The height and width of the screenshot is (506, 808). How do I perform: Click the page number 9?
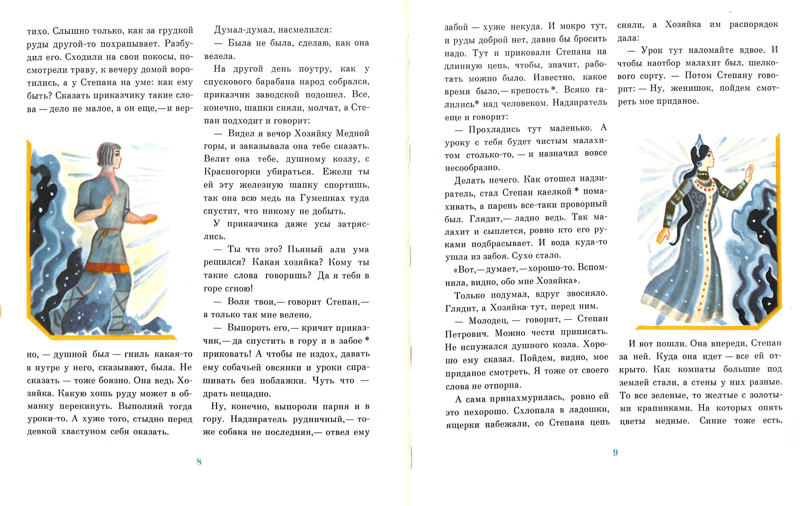615,453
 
